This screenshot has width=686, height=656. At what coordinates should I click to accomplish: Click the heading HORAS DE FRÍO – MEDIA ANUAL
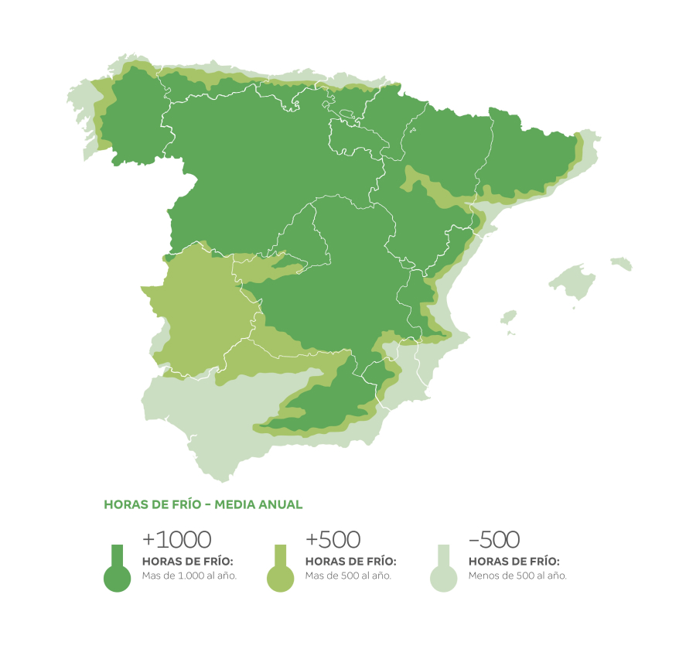(203, 504)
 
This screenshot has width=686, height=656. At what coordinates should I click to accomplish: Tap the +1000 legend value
(177, 539)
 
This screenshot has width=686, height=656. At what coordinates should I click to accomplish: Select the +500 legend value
(333, 539)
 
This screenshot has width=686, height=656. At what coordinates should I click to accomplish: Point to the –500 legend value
(494, 539)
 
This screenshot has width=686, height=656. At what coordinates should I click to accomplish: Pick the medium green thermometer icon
(280, 572)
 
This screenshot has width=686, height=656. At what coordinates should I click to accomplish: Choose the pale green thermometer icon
(443, 572)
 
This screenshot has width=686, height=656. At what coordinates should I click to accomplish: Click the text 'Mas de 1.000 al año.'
(189, 576)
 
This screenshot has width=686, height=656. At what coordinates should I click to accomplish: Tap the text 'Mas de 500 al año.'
(348, 576)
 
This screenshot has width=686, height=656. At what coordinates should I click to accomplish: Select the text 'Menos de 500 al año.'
(517, 576)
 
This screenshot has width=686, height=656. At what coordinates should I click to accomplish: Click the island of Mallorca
(574, 282)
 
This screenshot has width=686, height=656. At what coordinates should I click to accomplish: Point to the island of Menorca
(621, 264)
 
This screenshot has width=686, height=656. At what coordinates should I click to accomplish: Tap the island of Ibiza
(508, 317)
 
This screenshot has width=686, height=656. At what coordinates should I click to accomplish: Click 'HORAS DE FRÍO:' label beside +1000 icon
(188, 561)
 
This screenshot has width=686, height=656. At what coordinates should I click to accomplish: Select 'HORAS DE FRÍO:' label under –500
(514, 561)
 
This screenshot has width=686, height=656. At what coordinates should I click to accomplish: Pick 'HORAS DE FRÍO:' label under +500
(351, 561)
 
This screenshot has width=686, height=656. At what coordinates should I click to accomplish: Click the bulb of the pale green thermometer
(443, 579)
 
